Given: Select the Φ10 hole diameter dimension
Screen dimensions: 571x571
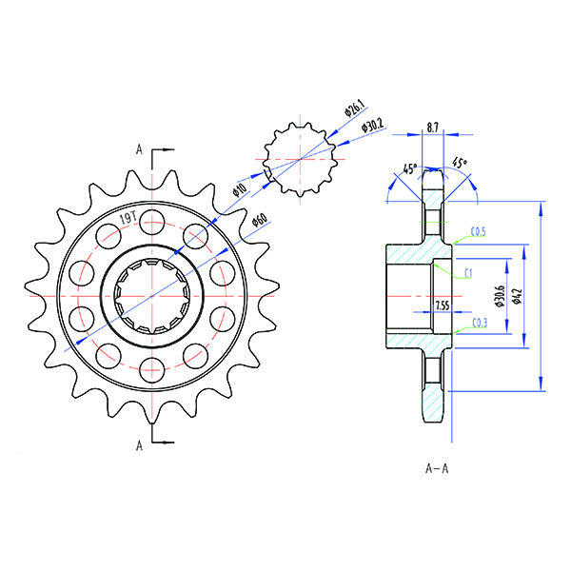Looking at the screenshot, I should point(240,190).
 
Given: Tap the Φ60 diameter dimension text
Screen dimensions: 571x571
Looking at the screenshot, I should point(258,222).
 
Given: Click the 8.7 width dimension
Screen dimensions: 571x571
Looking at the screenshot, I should point(433,127).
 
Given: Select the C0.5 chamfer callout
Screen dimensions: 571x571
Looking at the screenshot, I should point(480,231).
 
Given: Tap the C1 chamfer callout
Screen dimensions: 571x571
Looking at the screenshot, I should point(469,273).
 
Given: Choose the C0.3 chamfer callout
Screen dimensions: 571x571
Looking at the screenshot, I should point(481,324).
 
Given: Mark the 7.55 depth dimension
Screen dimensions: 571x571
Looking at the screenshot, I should point(442,305).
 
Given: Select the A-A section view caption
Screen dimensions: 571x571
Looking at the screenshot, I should point(437,468).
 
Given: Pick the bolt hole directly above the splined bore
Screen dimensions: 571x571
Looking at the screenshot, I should point(151,225).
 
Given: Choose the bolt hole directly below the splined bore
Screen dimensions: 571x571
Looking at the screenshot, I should point(151,367).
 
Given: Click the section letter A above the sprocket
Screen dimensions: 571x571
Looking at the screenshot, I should point(139,149).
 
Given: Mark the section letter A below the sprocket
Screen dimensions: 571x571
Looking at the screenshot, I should point(139,443).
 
